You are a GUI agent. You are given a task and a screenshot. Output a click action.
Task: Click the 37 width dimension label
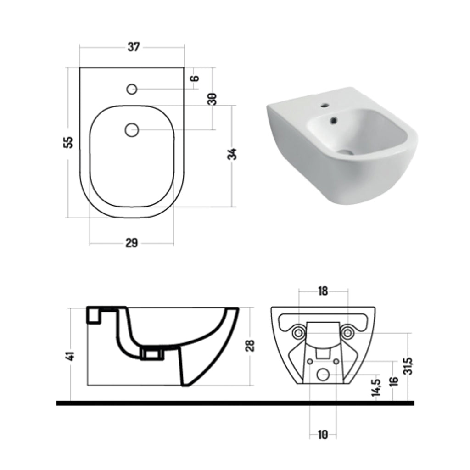pyautogui.click(x=133, y=47)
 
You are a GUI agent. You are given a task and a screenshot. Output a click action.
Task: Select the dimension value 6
pyautogui.click(x=195, y=78)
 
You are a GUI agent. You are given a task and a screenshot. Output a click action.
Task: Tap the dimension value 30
pyautogui.click(x=212, y=99)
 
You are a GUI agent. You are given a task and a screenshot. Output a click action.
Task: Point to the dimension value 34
pyautogui.click(x=233, y=154)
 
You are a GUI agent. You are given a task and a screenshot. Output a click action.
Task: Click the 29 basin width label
pyautogui.click(x=132, y=243)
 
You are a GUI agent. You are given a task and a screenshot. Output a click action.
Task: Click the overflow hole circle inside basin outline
pyautogui.click(x=132, y=130)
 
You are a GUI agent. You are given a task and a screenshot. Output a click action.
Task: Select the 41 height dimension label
pyautogui.click(x=70, y=357)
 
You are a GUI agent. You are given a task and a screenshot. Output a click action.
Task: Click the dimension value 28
pyautogui.click(x=250, y=345)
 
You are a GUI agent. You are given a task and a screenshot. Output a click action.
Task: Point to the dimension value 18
pyautogui.click(x=323, y=291)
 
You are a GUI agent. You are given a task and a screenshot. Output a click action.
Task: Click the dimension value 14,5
pyautogui.click(x=377, y=387)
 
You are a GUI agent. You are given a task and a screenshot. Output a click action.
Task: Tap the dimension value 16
pyautogui.click(x=393, y=382)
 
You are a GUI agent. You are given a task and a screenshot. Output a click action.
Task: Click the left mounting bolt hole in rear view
pyautogui.click(x=299, y=331)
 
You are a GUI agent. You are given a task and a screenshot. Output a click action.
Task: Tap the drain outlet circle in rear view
pyautogui.click(x=323, y=375)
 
